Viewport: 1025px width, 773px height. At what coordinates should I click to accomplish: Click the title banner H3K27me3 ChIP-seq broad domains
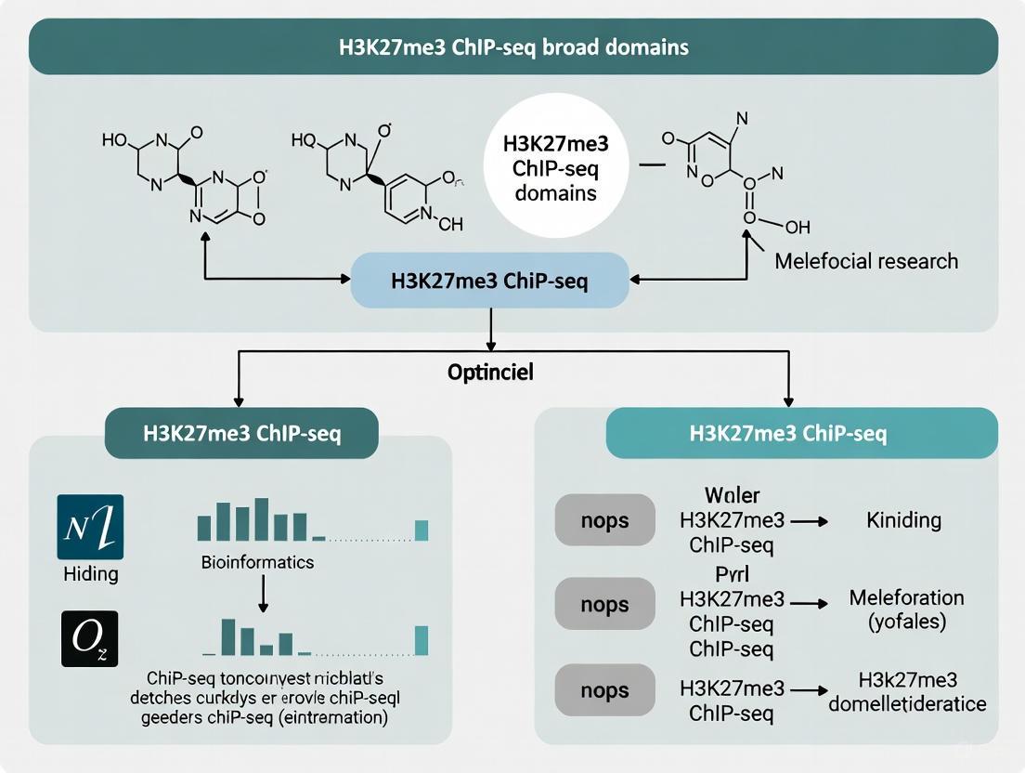(512, 46)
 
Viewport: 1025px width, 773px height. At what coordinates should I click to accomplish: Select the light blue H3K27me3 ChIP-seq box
(489, 281)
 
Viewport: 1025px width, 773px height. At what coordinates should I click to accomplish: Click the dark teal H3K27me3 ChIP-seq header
(241, 434)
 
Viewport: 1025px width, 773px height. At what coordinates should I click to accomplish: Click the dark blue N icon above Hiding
(90, 527)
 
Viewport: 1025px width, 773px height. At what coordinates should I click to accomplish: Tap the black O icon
(90, 638)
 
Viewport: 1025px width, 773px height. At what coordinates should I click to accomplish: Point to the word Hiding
(90, 573)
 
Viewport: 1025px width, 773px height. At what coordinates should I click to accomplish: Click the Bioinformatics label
(257, 562)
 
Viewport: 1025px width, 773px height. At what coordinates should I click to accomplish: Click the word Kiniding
(903, 520)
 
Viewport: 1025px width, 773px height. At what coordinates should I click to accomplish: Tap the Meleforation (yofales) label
(906, 609)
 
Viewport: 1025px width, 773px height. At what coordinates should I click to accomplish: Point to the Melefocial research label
(865, 261)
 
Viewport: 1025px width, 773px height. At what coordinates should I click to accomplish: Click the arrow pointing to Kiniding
(809, 521)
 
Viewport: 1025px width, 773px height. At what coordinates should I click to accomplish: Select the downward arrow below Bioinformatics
(264, 593)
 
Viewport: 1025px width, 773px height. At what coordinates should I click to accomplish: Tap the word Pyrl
(732, 573)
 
